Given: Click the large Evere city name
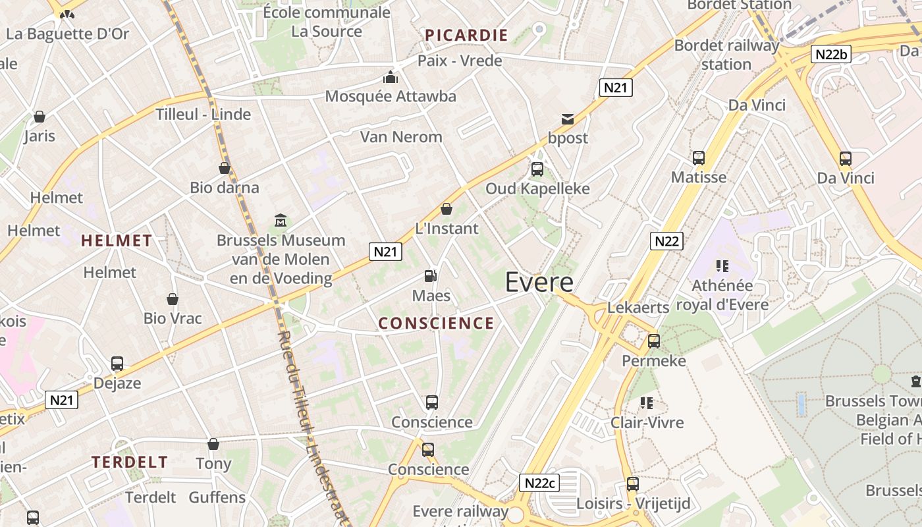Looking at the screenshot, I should pyautogui.click(x=539, y=282).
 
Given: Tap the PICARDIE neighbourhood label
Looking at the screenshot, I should pyautogui.click(x=466, y=36).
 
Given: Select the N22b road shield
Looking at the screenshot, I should pyautogui.click(x=830, y=54).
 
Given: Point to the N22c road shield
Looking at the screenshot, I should pyautogui.click(x=540, y=483).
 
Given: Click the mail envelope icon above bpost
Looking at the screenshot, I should pyautogui.click(x=568, y=119).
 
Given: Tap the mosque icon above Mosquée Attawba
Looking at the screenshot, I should pyautogui.click(x=391, y=78).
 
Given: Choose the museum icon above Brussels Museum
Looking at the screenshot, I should pyautogui.click(x=281, y=220).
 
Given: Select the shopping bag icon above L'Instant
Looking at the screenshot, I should pyautogui.click(x=447, y=209).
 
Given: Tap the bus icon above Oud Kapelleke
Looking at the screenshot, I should pyautogui.click(x=537, y=169).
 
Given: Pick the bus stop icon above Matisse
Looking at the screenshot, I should pyautogui.click(x=699, y=158).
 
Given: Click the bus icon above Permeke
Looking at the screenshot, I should pyautogui.click(x=654, y=341).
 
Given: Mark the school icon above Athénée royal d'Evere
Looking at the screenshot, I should pyautogui.click(x=722, y=266).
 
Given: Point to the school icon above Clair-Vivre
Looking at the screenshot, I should pyautogui.click(x=647, y=402).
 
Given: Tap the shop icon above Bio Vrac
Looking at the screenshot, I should pyautogui.click(x=173, y=299).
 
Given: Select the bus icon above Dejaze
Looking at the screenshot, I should pyautogui.click(x=117, y=364).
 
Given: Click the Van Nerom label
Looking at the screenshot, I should pyautogui.click(x=401, y=137).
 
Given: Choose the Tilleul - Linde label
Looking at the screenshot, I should pyautogui.click(x=203, y=114).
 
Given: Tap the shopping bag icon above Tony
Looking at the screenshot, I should pyautogui.click(x=213, y=444).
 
